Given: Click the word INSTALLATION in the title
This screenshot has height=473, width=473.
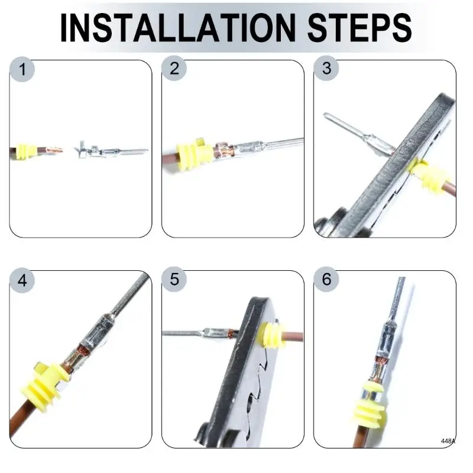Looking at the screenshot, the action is click(178, 28).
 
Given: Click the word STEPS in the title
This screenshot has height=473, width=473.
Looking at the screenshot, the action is click(359, 28).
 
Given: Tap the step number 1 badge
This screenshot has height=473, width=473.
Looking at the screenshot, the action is click(22, 69).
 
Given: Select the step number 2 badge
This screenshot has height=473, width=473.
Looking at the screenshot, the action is click(174, 68).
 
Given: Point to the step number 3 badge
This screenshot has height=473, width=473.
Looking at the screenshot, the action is click(326, 68).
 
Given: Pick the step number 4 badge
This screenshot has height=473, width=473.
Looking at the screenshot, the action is click(22, 280).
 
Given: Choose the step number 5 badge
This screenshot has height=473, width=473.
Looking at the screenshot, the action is click(174, 279).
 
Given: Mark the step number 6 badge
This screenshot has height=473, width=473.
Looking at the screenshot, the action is click(326, 279).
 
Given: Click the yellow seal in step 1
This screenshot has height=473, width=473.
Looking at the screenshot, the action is click(25, 151).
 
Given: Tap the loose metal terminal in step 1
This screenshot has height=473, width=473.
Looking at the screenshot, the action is click(111, 150).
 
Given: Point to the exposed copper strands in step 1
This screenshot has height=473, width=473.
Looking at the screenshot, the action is click(54, 150).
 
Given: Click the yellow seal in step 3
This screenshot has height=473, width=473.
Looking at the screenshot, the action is click(426, 174).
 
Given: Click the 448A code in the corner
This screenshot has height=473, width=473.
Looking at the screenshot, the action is click(448, 441).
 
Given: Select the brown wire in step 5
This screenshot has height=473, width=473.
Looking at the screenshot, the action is click(293, 336).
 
